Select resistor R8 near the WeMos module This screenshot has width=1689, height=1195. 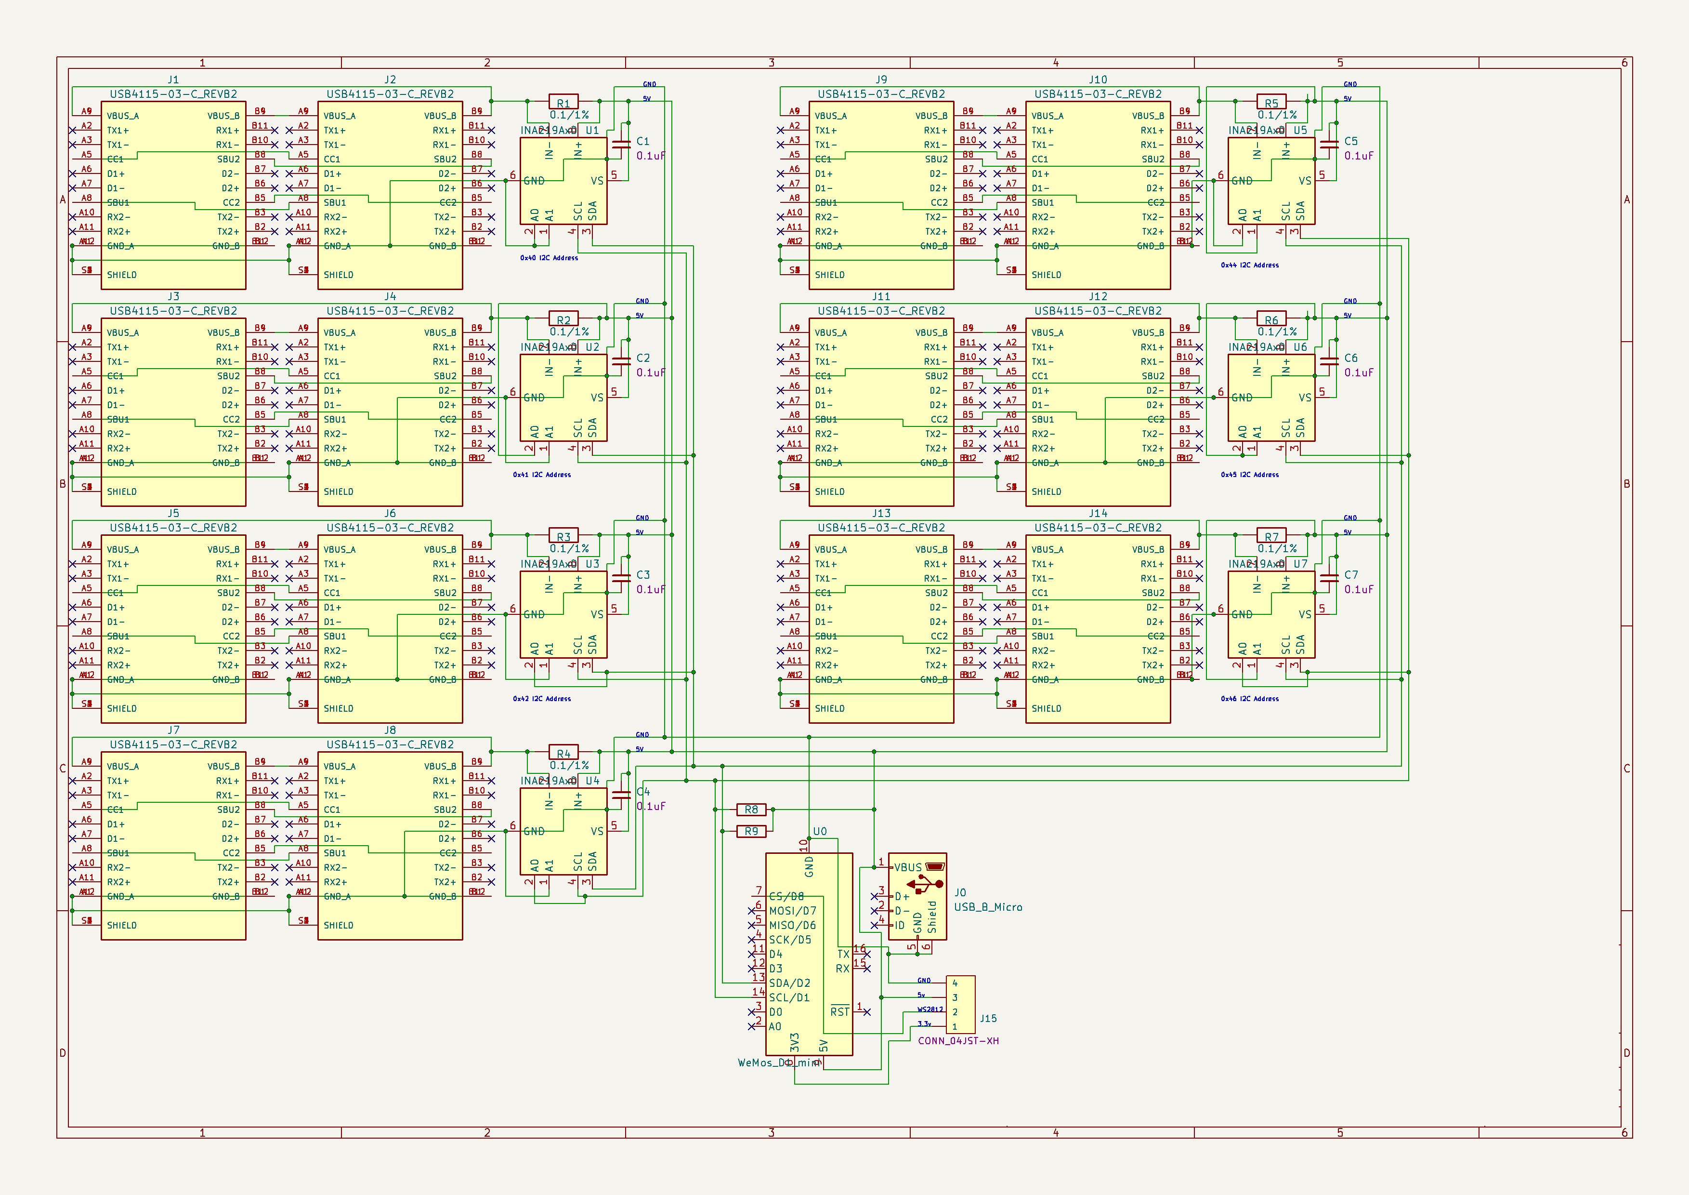(x=751, y=810)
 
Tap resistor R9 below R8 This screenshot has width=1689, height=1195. (x=751, y=832)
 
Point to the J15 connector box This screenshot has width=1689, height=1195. (x=961, y=1004)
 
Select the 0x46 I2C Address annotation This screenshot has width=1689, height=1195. (x=1249, y=699)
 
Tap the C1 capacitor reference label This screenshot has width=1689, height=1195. (x=643, y=141)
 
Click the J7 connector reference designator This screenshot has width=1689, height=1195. (x=173, y=730)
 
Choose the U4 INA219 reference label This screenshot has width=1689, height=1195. (x=592, y=781)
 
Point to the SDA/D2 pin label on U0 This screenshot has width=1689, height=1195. (x=789, y=983)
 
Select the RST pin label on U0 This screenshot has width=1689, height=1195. (x=839, y=1012)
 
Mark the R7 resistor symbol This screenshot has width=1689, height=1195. (x=1271, y=536)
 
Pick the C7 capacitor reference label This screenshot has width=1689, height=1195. (x=1350, y=575)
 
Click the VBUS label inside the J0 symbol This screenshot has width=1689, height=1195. (x=908, y=867)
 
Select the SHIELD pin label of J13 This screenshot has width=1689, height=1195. (x=830, y=709)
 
